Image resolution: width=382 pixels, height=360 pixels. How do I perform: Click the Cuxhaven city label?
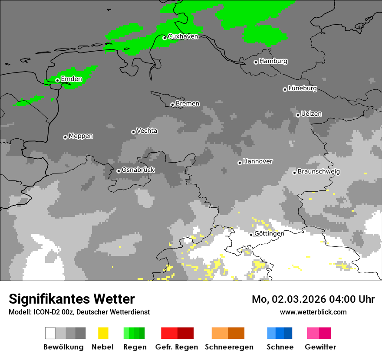[x=183, y=36]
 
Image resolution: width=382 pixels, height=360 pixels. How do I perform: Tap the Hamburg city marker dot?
[x=256, y=62]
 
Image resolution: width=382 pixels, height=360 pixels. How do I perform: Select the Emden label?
[x=71, y=79]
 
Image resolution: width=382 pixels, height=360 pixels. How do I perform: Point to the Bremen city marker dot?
[x=172, y=105]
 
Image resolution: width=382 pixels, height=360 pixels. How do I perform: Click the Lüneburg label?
[x=303, y=88]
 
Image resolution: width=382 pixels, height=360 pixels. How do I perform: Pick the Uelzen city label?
[x=311, y=114]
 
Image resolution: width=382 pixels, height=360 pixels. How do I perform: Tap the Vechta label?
[x=147, y=131]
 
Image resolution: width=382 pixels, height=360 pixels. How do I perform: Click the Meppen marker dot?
[x=65, y=137]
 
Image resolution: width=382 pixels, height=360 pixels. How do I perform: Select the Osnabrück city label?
[x=138, y=170]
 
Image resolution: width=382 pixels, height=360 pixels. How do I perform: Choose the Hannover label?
[x=258, y=161]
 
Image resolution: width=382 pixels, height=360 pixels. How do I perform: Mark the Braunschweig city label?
[x=319, y=171]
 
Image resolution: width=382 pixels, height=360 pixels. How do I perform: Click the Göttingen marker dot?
[x=251, y=235]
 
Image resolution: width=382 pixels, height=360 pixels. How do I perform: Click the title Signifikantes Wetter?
[x=72, y=299]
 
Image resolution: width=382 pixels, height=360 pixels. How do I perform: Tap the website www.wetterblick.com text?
[x=313, y=312]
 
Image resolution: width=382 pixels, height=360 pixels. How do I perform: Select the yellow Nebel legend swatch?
[x=103, y=333]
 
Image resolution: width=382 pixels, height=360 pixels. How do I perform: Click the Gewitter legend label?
[x=320, y=347]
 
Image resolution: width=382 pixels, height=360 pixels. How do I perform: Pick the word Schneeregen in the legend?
[x=229, y=347]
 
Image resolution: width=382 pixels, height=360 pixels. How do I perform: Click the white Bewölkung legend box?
[x=50, y=333]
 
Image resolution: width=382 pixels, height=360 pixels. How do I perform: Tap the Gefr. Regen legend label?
[x=176, y=347]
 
